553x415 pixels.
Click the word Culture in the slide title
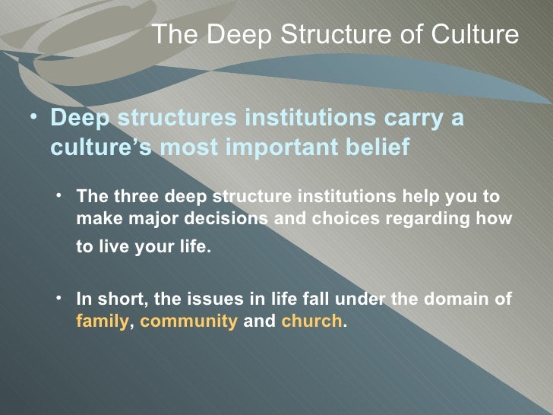(x=476, y=35)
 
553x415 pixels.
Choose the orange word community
(x=189, y=321)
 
